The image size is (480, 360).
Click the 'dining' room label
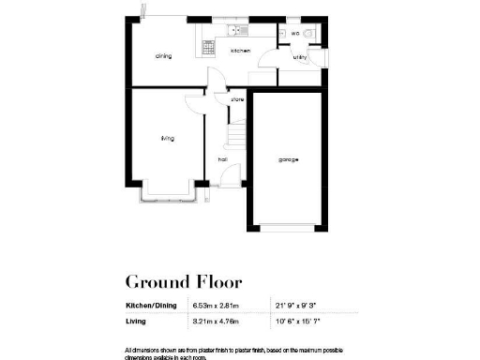coord(163,56)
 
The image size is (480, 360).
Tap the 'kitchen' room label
coord(240,51)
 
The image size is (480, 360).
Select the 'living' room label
coord(167,138)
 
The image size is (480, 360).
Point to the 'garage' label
coord(288,159)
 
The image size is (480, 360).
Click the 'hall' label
coord(223,159)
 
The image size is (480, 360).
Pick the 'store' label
coord(237,98)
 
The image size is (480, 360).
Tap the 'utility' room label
coord(300,57)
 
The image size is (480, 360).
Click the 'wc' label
coord(294,34)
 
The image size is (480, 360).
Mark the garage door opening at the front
coord(288,228)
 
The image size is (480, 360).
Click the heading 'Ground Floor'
coord(184,281)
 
